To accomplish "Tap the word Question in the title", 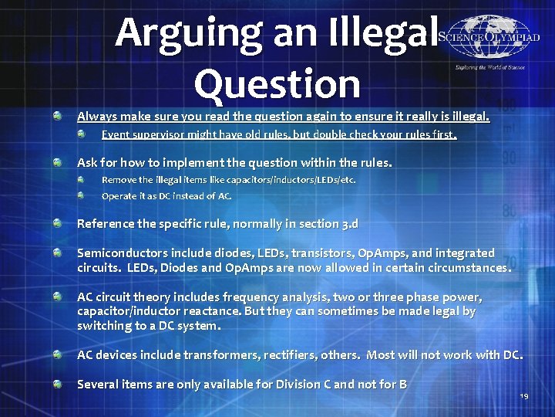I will pyautogui.click(x=277, y=83).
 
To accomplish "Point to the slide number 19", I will pyautogui.click(x=523, y=395).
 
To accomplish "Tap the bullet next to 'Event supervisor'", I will pyautogui.click(x=82, y=134).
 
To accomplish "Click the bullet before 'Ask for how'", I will pyautogui.click(x=58, y=163).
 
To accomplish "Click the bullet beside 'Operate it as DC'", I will pyautogui.click(x=82, y=195).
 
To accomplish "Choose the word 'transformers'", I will pyautogui.click(x=214, y=355).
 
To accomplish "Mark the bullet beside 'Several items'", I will pyautogui.click(x=58, y=384).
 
